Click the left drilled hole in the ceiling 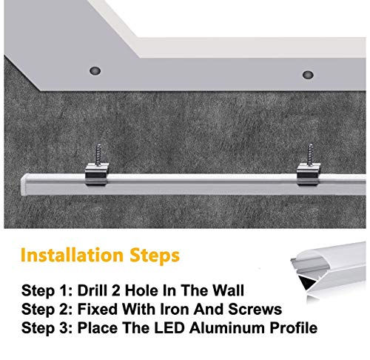(x=95, y=71)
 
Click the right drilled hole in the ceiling (x=308, y=75)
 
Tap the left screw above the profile (x=98, y=155)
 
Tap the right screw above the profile (x=310, y=155)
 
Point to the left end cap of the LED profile (x=24, y=184)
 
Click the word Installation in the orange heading (x=72, y=255)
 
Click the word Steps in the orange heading (x=155, y=256)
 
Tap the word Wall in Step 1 (x=229, y=290)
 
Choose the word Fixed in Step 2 (x=98, y=309)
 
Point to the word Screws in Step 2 (x=255, y=309)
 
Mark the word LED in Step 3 (x=169, y=327)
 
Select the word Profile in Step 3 (x=294, y=327)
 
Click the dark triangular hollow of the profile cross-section (x=305, y=283)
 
